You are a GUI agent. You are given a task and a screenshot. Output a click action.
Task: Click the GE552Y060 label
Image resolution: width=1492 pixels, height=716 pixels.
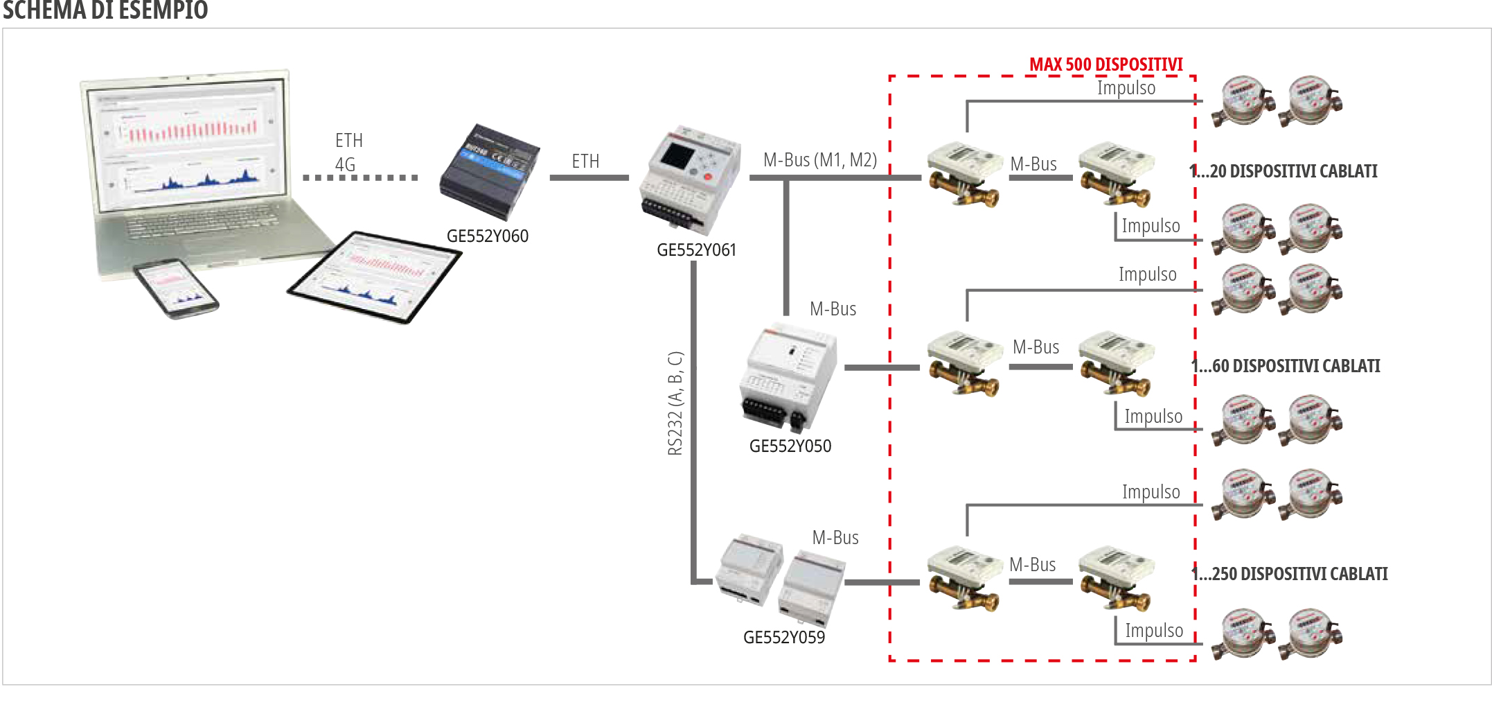487,236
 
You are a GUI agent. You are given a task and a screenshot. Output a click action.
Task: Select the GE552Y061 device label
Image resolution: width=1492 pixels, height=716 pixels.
696,250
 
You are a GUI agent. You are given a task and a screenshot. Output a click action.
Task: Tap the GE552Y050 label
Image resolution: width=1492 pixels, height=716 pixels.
790,446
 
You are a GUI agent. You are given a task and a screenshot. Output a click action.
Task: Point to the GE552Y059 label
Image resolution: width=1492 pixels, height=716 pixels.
783,638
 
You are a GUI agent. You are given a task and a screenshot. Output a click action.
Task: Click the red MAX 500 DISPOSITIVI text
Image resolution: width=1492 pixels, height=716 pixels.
1105,64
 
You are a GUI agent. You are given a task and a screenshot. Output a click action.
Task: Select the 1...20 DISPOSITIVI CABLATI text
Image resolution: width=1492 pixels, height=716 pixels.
1284,171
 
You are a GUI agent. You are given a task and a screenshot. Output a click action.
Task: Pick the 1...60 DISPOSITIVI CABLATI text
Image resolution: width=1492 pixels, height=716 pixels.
1286,366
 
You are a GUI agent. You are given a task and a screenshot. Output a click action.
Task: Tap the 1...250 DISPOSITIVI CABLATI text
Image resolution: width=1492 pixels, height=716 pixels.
1290,574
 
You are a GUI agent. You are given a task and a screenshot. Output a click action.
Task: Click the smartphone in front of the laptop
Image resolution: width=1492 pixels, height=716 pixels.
176,288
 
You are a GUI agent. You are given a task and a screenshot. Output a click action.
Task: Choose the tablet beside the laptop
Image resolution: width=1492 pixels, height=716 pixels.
374,277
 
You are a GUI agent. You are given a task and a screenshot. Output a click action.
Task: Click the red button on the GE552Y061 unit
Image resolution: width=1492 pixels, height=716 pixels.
708,177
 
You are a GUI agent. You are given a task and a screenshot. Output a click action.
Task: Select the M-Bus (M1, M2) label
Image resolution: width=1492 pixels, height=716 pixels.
819,160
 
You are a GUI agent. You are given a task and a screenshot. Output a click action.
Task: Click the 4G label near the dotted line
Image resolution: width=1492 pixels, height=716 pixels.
345,165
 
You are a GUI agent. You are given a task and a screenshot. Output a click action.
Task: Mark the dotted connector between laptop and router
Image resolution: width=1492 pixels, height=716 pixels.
360,178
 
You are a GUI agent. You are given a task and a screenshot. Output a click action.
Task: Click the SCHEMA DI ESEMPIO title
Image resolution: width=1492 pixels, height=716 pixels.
105,10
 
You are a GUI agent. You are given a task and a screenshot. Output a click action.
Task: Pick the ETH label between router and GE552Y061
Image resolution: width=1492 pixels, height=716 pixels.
585,161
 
